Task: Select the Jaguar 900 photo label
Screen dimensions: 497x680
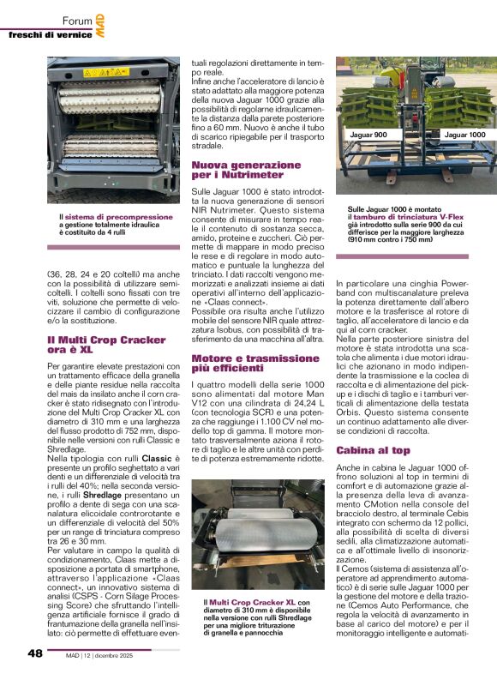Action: coord(368,135)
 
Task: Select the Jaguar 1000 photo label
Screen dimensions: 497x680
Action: coord(464,135)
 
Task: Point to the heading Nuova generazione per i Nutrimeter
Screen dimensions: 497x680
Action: coord(234,170)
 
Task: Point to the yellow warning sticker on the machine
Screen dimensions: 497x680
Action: coord(106,73)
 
